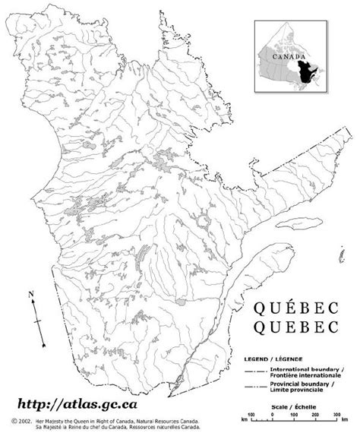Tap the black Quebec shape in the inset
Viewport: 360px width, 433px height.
(x=308, y=74)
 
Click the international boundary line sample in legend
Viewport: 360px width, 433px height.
(x=255, y=369)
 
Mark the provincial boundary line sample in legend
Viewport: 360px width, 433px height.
(x=255, y=387)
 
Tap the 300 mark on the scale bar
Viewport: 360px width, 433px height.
(x=335, y=419)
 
